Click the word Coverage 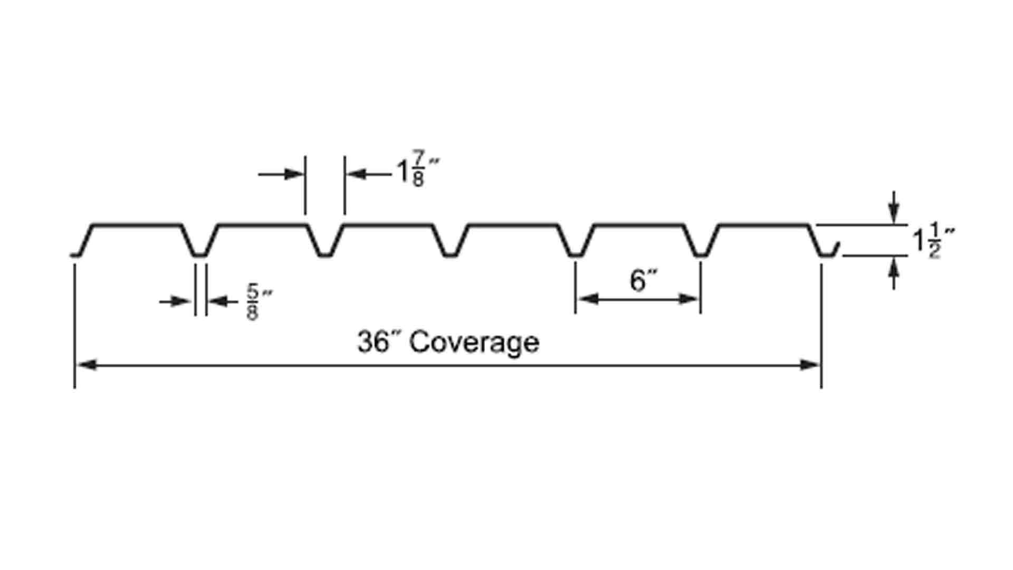coord(474,343)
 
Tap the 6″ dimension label coord(644,280)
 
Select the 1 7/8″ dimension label coord(417,169)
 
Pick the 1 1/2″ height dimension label coord(933,241)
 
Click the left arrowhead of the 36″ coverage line coord(88,365)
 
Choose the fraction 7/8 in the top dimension coord(418,169)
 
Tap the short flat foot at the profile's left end coord(75,255)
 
